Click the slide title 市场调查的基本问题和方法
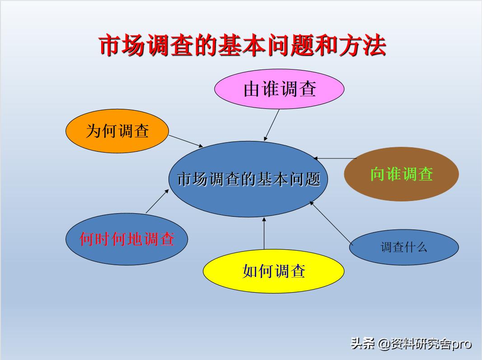(243, 46)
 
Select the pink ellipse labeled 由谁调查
(279, 89)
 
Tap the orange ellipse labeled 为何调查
(117, 131)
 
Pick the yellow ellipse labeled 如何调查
(273, 271)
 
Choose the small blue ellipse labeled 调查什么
(404, 247)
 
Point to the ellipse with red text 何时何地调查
(126, 239)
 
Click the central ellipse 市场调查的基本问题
(248, 179)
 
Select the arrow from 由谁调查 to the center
(272, 125)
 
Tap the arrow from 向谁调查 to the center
(335, 159)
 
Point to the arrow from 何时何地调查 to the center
(157, 201)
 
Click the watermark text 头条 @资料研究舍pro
(411, 344)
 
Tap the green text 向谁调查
(401, 174)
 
